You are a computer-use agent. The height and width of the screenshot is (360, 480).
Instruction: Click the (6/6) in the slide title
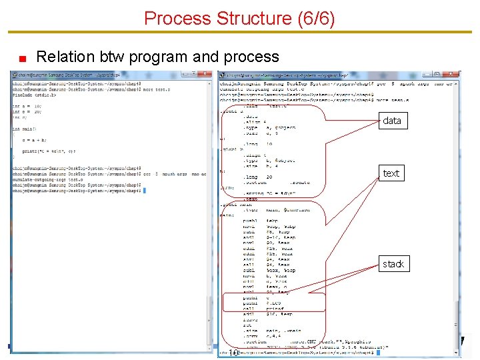click(314, 18)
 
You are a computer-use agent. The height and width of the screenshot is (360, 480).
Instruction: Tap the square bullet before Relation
click(21, 58)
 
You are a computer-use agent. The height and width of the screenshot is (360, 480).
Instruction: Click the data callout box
click(392, 121)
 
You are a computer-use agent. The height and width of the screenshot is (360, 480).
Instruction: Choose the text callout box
click(391, 173)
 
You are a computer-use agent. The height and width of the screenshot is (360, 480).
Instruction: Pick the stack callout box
click(393, 264)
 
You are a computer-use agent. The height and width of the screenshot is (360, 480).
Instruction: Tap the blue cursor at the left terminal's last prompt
click(144, 191)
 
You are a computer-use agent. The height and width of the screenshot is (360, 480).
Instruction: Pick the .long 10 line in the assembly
click(259, 143)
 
